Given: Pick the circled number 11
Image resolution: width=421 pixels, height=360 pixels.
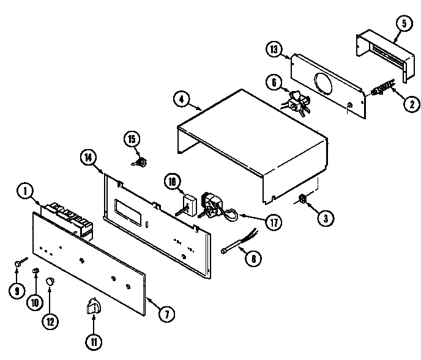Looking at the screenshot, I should point(93,342).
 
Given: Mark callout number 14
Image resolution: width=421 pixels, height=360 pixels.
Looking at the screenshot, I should point(89,157).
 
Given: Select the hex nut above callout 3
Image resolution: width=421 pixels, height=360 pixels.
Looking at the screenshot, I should point(302,198).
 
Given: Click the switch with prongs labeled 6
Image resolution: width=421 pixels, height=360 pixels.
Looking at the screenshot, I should point(296,102).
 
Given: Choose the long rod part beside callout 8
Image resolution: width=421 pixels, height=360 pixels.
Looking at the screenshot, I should point(233,248).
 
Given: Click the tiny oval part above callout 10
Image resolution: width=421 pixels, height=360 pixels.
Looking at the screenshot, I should point(35,270).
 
